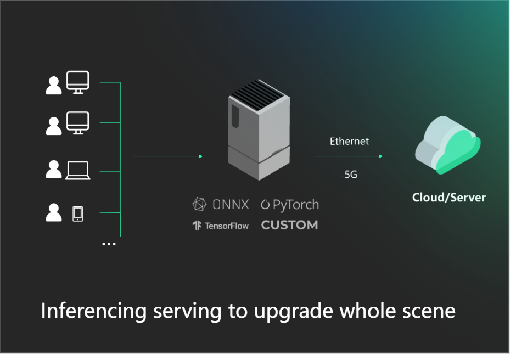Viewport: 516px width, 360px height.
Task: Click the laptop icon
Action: pyautogui.click(x=78, y=170)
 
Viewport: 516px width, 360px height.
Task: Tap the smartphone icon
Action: pyautogui.click(x=78, y=213)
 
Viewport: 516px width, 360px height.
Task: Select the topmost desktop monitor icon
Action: pyautogui.click(x=77, y=82)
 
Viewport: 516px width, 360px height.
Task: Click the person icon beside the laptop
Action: pyautogui.click(x=54, y=169)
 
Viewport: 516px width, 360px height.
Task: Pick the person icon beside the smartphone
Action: pyautogui.click(x=54, y=212)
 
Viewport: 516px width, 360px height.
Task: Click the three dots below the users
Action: pyautogui.click(x=109, y=244)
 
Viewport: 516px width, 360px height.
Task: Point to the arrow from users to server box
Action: pyautogui.click(x=168, y=156)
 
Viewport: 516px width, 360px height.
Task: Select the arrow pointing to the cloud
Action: pyautogui.click(x=348, y=156)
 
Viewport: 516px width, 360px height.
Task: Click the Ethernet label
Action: pyautogui.click(x=349, y=142)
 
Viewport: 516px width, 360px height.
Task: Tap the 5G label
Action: pyautogui.click(x=351, y=175)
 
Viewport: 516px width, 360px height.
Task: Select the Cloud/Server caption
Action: pyautogui.click(x=448, y=197)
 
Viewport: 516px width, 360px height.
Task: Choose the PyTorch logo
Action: pyautogui.click(x=289, y=205)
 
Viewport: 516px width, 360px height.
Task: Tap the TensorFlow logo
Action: pyautogui.click(x=220, y=226)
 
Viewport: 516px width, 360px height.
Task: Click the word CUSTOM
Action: pyautogui.click(x=289, y=225)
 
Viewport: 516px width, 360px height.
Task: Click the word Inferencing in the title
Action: pyautogui.click(x=94, y=311)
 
